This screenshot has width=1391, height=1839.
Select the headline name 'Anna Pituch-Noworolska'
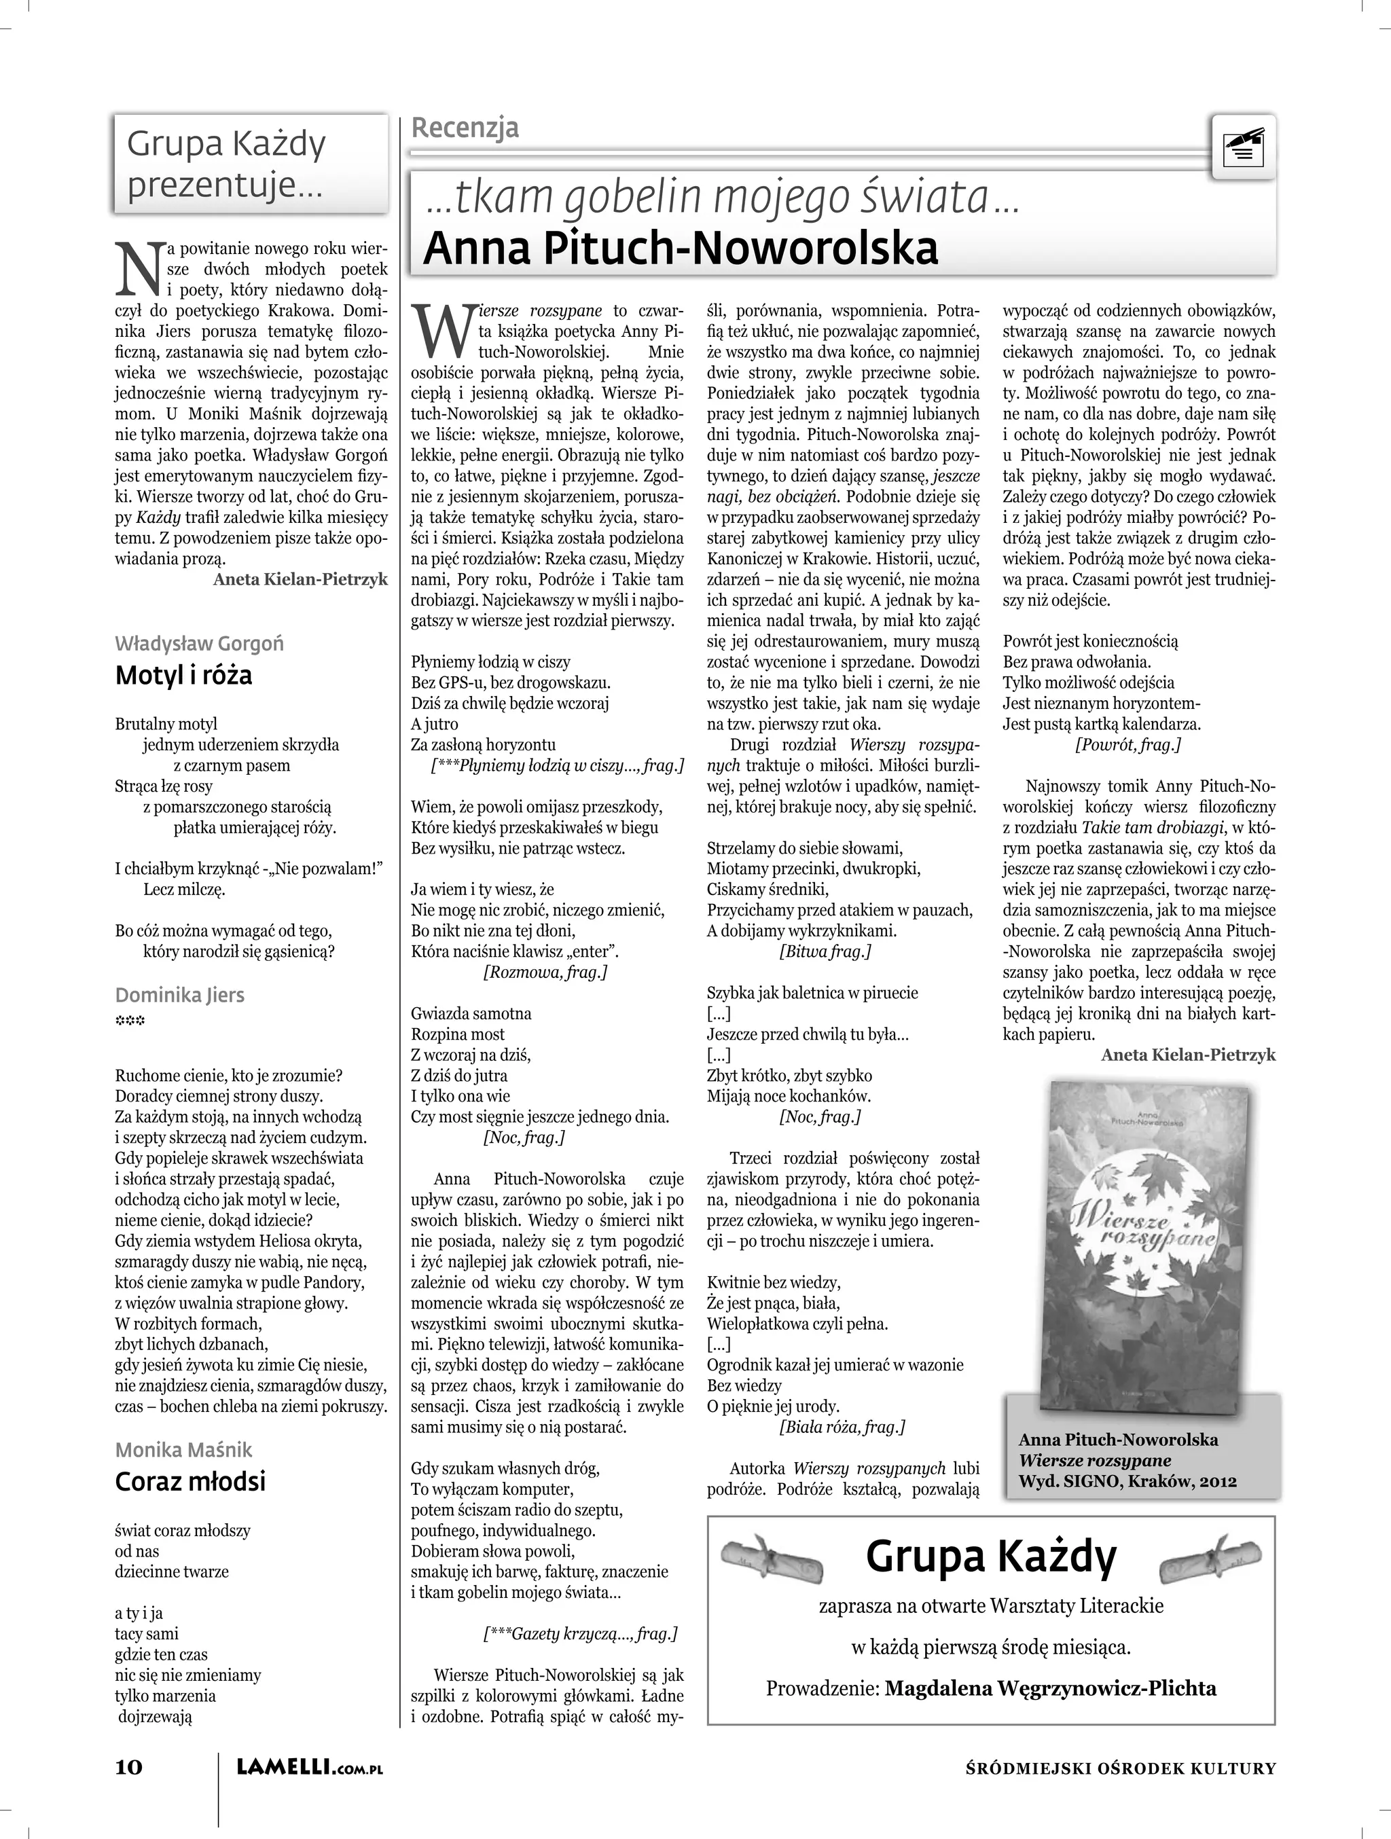click(x=680, y=248)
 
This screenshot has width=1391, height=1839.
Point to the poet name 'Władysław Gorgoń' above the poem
click(x=199, y=644)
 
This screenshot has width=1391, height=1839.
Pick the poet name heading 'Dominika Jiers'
click(x=179, y=995)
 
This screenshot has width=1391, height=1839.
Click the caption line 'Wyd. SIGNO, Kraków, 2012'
click(x=1127, y=1480)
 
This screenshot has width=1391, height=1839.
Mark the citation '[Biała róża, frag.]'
click(x=842, y=1427)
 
